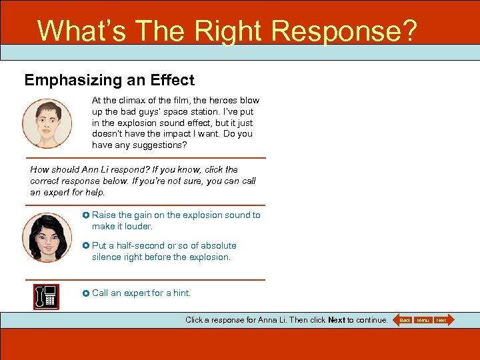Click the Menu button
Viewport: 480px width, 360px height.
423,321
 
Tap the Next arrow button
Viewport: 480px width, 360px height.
443,321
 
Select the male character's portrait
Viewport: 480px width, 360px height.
47,123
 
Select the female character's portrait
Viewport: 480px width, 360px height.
47,237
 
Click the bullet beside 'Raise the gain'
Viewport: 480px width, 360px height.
86,215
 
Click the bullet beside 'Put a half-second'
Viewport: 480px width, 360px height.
86,246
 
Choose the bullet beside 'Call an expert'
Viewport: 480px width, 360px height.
86,293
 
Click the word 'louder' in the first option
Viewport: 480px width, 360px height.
137,227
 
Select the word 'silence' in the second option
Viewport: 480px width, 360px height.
107,257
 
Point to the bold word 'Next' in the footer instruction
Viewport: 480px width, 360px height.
337,320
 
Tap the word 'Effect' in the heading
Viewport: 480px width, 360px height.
172,81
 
